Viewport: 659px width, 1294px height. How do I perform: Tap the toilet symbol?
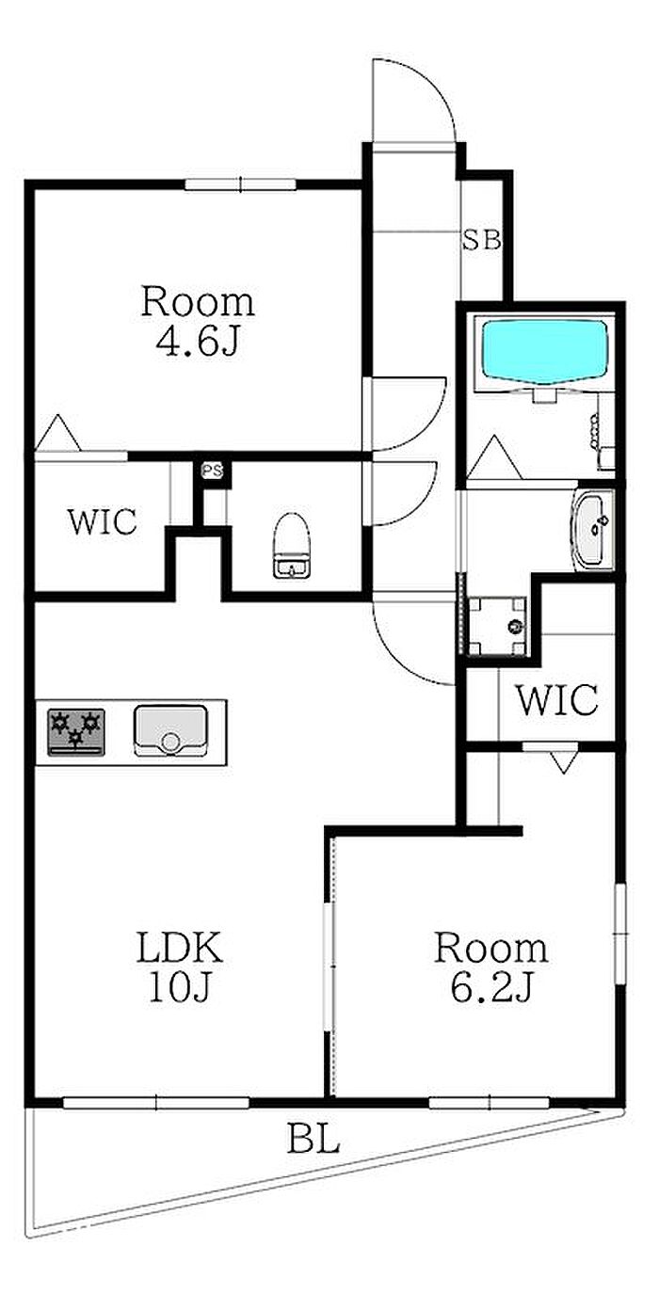point(292,545)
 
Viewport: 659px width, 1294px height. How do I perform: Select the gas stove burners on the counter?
point(76,732)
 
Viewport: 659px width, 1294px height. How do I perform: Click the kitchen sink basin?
point(170,730)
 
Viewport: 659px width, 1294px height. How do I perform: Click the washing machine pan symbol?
point(497,626)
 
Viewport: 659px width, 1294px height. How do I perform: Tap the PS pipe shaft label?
point(212,471)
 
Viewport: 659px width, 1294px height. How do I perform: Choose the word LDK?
point(179,947)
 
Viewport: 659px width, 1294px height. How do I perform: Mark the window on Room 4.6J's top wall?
point(241,184)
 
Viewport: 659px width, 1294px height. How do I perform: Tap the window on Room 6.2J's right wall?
point(620,933)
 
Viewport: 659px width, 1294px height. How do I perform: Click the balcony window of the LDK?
point(156,1102)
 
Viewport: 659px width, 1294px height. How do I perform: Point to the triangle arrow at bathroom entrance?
point(494,457)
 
